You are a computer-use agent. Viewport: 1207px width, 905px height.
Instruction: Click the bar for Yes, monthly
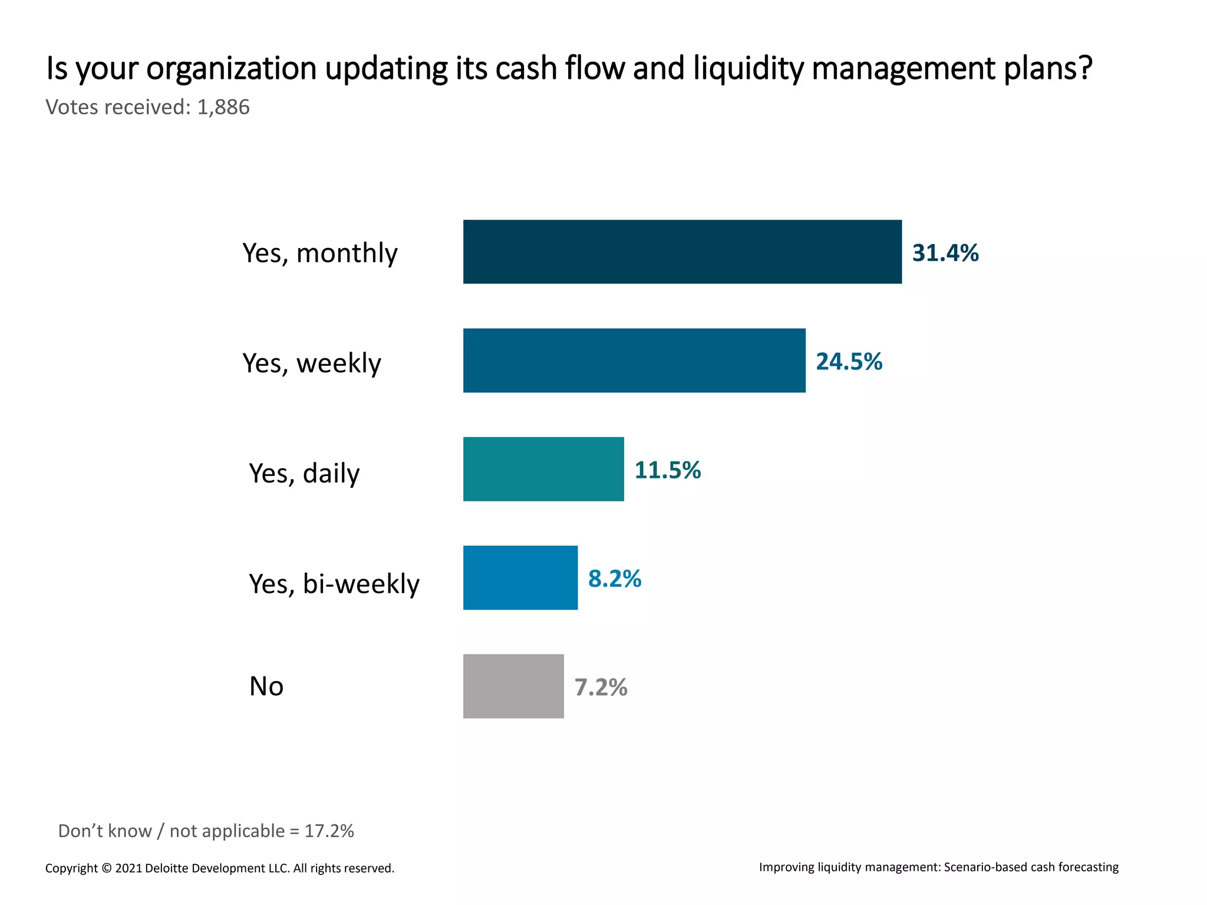coord(682,252)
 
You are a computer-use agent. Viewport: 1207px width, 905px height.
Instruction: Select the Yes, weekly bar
coord(634,361)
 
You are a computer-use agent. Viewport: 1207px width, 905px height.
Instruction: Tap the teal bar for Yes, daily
coord(543,469)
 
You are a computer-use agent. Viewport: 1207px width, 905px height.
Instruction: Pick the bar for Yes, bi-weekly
coord(520,577)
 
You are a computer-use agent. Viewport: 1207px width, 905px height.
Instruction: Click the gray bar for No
coord(513,686)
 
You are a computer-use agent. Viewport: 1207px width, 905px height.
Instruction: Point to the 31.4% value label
coord(945,253)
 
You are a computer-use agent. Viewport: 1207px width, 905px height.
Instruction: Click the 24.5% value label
coord(849,361)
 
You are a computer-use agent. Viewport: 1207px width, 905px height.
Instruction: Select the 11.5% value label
coord(667,470)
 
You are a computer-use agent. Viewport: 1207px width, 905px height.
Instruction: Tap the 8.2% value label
coord(615,579)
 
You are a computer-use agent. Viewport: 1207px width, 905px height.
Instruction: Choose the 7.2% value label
coord(601,688)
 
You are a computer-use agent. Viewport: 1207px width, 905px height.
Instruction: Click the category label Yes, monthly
coord(320,253)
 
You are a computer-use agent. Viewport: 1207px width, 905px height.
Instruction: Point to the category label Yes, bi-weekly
coord(334,584)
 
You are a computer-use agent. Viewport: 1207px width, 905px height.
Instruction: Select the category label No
coord(266,686)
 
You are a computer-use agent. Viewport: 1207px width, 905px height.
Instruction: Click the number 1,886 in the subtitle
coord(223,107)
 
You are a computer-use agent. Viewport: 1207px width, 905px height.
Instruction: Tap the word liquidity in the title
coord(748,68)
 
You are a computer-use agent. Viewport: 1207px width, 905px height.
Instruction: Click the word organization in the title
coord(232,69)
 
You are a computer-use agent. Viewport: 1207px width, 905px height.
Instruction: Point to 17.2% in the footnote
coord(329,831)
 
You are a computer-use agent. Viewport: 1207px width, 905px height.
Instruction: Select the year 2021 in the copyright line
coord(128,868)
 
